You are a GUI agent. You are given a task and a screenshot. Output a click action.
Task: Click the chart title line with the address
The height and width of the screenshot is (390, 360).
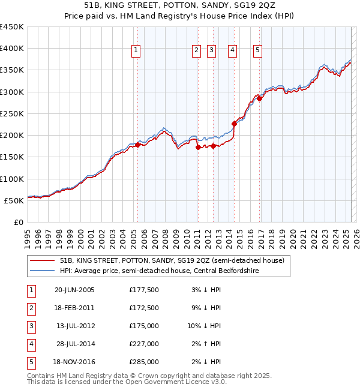click(x=179, y=5)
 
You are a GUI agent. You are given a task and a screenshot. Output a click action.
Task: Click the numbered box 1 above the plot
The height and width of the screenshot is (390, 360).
click(x=137, y=51)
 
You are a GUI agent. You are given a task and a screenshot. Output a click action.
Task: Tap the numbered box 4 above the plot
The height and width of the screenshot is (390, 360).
click(x=232, y=51)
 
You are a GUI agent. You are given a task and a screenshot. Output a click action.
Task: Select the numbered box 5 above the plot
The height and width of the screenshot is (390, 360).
click(x=257, y=51)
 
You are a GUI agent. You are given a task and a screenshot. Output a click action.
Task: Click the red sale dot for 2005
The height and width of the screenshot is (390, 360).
click(x=137, y=145)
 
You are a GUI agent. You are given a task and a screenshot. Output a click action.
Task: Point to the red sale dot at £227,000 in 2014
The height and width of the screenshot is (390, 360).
click(x=234, y=124)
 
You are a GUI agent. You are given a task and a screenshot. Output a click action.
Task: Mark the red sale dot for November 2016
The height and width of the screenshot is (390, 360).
click(x=259, y=98)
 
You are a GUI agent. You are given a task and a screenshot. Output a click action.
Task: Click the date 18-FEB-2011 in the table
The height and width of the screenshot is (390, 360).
click(x=74, y=308)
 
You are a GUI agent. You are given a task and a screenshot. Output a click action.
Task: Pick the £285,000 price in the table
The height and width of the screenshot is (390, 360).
click(x=144, y=362)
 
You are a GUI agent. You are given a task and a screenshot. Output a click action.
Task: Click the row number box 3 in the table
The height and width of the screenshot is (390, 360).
click(x=31, y=326)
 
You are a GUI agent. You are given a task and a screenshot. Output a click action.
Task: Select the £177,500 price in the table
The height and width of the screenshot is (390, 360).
click(x=144, y=290)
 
